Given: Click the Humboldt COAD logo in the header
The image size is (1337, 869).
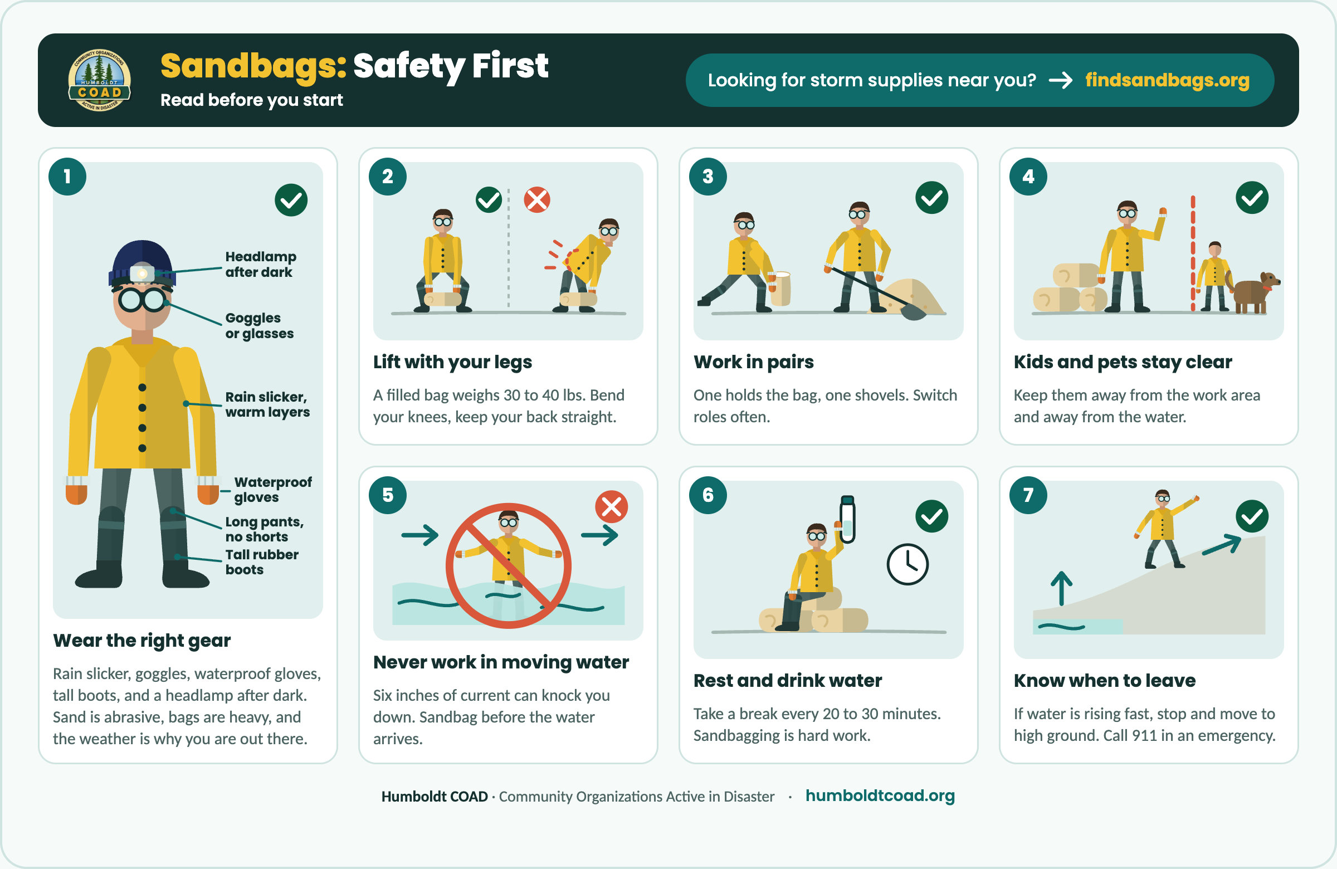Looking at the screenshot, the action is pos(99,80).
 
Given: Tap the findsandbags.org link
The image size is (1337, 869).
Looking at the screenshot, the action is pos(1167,80).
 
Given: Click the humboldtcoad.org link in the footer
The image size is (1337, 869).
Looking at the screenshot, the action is pos(880,795).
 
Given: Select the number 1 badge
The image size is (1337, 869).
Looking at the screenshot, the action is pos(67,177).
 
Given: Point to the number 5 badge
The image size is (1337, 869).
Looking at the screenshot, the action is pos(388,495).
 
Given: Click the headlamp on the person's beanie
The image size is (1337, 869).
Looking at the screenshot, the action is pos(142,273).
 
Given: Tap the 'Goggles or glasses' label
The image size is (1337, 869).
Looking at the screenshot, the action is pos(259,325).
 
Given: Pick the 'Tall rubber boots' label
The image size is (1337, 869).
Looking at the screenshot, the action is pos(262,562).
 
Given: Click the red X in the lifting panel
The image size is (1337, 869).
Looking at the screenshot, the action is pos(537,200).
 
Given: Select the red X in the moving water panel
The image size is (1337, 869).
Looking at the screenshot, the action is pos(612,507).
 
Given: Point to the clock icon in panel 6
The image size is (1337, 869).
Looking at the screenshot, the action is pos(907,564).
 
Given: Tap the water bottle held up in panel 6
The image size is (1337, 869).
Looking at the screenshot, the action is pos(847,519).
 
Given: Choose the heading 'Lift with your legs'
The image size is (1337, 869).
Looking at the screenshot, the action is pos(452,362).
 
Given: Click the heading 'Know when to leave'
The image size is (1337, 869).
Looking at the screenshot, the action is pos(1105,680).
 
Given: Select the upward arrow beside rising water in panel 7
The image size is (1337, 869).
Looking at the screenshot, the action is pos(1061,588).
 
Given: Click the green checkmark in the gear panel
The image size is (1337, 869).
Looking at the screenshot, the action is pos(291,200).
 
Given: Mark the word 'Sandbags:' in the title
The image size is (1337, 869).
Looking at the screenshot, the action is pos(253,66).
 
